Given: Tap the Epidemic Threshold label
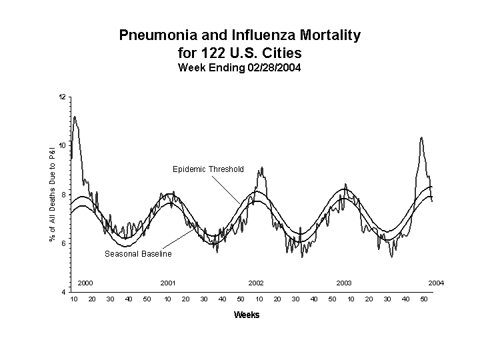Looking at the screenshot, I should click(x=208, y=169).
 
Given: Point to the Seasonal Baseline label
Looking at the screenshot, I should click(x=138, y=254).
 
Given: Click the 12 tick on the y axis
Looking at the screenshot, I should click(x=62, y=97).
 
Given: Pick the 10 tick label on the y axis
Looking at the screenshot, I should click(x=62, y=146).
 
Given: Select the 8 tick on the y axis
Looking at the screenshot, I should click(x=63, y=195).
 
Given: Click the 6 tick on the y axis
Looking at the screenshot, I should click(x=63, y=244).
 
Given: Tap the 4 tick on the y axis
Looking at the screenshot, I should click(x=63, y=293).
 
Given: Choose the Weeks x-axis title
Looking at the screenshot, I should click(x=247, y=315).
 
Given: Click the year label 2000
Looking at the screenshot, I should click(x=85, y=283).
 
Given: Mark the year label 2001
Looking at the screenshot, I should click(x=168, y=283).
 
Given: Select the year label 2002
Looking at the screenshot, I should click(x=256, y=283).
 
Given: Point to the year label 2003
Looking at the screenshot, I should click(x=344, y=283).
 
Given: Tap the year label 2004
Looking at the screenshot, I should click(x=436, y=283).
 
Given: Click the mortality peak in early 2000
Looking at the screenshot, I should click(x=75, y=117).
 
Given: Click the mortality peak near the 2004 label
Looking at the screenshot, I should click(x=421, y=138).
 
